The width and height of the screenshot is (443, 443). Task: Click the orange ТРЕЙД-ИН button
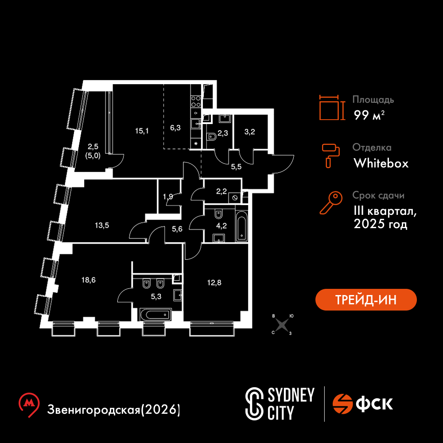click(366, 299)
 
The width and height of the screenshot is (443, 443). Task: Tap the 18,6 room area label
click(89, 280)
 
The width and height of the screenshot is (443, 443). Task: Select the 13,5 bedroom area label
click(102, 225)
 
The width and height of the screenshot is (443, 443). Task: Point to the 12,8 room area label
click(214, 283)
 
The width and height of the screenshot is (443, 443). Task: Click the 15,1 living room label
click(142, 131)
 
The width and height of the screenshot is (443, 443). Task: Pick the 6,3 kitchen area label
click(175, 128)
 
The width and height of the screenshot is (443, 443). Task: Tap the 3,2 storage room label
click(250, 132)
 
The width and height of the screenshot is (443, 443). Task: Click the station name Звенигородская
click(93, 410)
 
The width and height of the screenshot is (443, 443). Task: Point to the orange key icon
click(331, 202)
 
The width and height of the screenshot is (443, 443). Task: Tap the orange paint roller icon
click(331, 155)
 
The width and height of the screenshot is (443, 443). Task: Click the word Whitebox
click(381, 163)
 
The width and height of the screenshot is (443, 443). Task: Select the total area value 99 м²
click(369, 115)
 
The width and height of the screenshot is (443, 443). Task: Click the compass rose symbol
click(282, 325)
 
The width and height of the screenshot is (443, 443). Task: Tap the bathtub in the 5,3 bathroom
click(155, 315)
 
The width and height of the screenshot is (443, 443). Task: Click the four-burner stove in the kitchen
click(196, 101)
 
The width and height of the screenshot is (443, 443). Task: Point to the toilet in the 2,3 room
click(211, 137)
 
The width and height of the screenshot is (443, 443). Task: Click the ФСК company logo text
click(374, 404)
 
